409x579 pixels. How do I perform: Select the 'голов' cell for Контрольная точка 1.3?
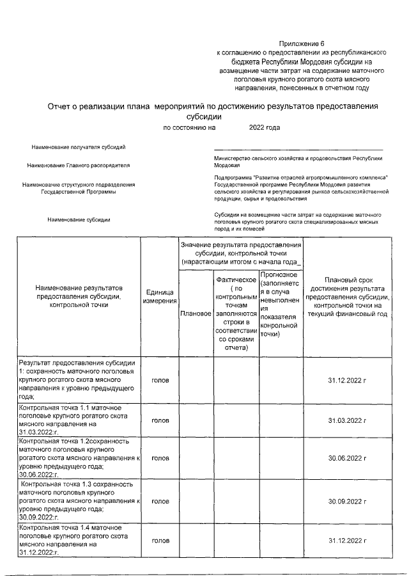(160, 501)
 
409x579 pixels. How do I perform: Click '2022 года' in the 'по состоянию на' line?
(264, 127)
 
